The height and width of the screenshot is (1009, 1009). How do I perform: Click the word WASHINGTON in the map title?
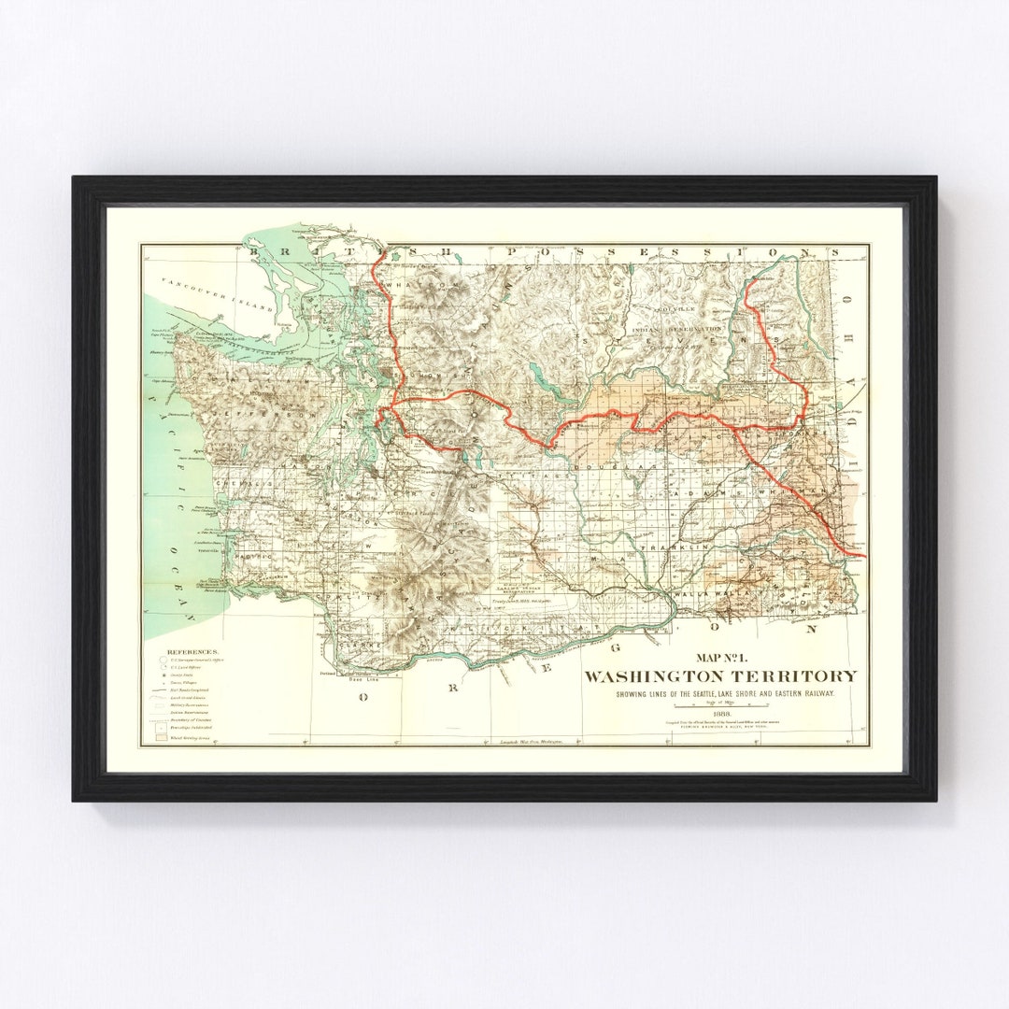pyautogui.click(x=665, y=676)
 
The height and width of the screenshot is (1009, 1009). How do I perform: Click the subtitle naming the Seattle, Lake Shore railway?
pyautogui.click(x=719, y=693)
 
